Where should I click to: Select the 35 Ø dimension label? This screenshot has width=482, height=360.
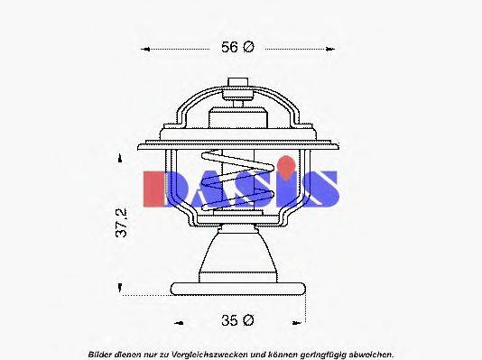coord(238,319)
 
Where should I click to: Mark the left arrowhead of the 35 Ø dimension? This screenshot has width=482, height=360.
coord(178,320)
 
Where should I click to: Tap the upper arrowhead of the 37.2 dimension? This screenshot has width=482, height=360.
coord(122,158)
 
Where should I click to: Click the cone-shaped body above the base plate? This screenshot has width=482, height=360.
coord(237,255)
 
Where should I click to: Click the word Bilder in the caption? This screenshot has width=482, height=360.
coord(101,353)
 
